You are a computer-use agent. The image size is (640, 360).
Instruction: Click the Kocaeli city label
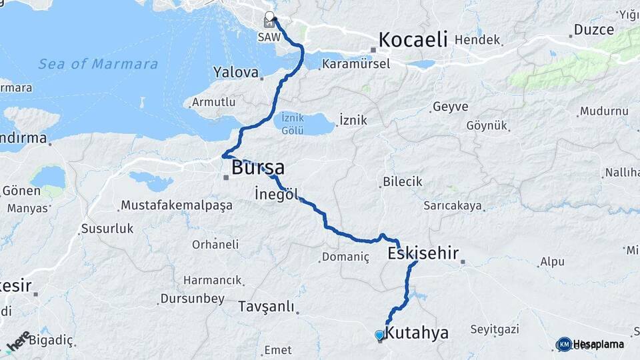(x=413, y=39)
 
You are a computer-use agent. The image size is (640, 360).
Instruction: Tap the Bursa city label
(x=258, y=167)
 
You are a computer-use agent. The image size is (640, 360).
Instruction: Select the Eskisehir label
(x=423, y=253)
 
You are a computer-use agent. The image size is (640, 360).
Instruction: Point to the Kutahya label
(x=417, y=333)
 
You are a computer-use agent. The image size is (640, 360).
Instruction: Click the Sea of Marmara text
(x=98, y=65)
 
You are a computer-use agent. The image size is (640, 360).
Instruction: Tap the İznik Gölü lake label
(x=292, y=123)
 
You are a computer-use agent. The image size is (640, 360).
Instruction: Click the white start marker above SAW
(x=269, y=16)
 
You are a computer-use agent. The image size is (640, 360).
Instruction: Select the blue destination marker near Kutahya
(x=379, y=335)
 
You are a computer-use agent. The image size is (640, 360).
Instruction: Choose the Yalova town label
(x=235, y=71)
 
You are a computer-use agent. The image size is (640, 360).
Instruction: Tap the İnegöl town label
(x=274, y=194)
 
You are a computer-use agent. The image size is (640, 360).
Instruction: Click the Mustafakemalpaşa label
(x=177, y=205)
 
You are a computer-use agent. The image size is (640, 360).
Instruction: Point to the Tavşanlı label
(x=266, y=307)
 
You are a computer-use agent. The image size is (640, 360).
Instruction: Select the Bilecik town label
(x=403, y=181)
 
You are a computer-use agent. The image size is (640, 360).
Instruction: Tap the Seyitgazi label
(x=494, y=329)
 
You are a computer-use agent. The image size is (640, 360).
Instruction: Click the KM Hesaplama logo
(x=590, y=344)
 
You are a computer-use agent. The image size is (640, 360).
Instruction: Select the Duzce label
(x=589, y=31)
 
